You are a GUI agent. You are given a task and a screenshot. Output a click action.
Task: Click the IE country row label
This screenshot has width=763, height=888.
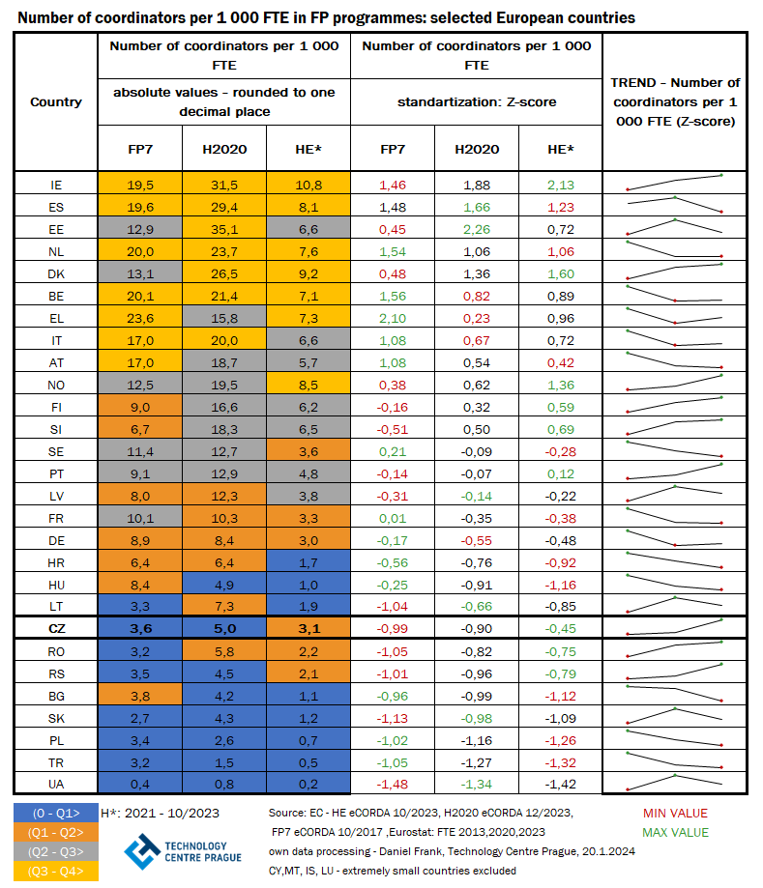56,185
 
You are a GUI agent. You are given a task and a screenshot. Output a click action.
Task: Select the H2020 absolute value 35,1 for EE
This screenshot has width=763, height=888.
224,228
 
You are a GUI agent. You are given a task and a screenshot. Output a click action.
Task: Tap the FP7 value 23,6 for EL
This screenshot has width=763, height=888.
141,318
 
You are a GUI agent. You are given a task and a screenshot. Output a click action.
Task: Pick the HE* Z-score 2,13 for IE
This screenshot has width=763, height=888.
561,185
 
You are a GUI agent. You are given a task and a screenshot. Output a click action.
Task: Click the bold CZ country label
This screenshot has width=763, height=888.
56,628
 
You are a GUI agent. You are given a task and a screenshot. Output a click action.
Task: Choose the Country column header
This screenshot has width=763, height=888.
56,102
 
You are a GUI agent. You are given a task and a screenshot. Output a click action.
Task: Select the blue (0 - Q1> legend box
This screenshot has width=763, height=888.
55,813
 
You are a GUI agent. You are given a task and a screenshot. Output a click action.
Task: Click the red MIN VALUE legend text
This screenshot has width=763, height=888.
675,814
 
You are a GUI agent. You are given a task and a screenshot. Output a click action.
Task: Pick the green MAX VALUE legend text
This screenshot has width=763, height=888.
676,832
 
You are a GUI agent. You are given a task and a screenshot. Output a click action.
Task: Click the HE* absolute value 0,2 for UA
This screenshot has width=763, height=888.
309,784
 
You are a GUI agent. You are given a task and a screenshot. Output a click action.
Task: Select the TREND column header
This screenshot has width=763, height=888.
675,102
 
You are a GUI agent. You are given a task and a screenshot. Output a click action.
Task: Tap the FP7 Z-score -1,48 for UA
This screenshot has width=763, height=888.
393,784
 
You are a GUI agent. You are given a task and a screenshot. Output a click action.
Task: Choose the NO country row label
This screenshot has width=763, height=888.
56,385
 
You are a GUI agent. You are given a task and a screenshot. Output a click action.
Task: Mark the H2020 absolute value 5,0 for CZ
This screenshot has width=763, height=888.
224,628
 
